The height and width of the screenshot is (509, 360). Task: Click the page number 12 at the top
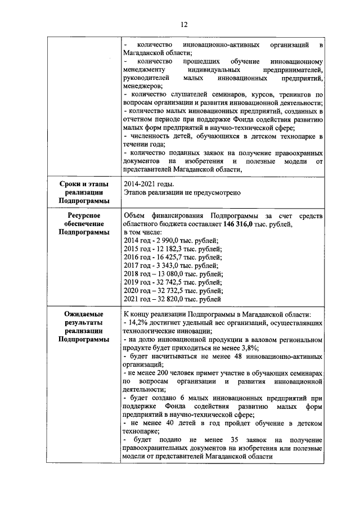(183, 24)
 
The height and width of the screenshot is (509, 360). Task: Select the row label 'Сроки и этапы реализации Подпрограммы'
(83, 192)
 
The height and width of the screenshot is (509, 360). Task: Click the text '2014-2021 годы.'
(149, 184)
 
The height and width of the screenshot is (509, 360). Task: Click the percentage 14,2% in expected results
(138, 323)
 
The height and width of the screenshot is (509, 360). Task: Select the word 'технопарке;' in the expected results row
(141, 431)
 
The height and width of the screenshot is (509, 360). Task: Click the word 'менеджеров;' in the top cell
(142, 86)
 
